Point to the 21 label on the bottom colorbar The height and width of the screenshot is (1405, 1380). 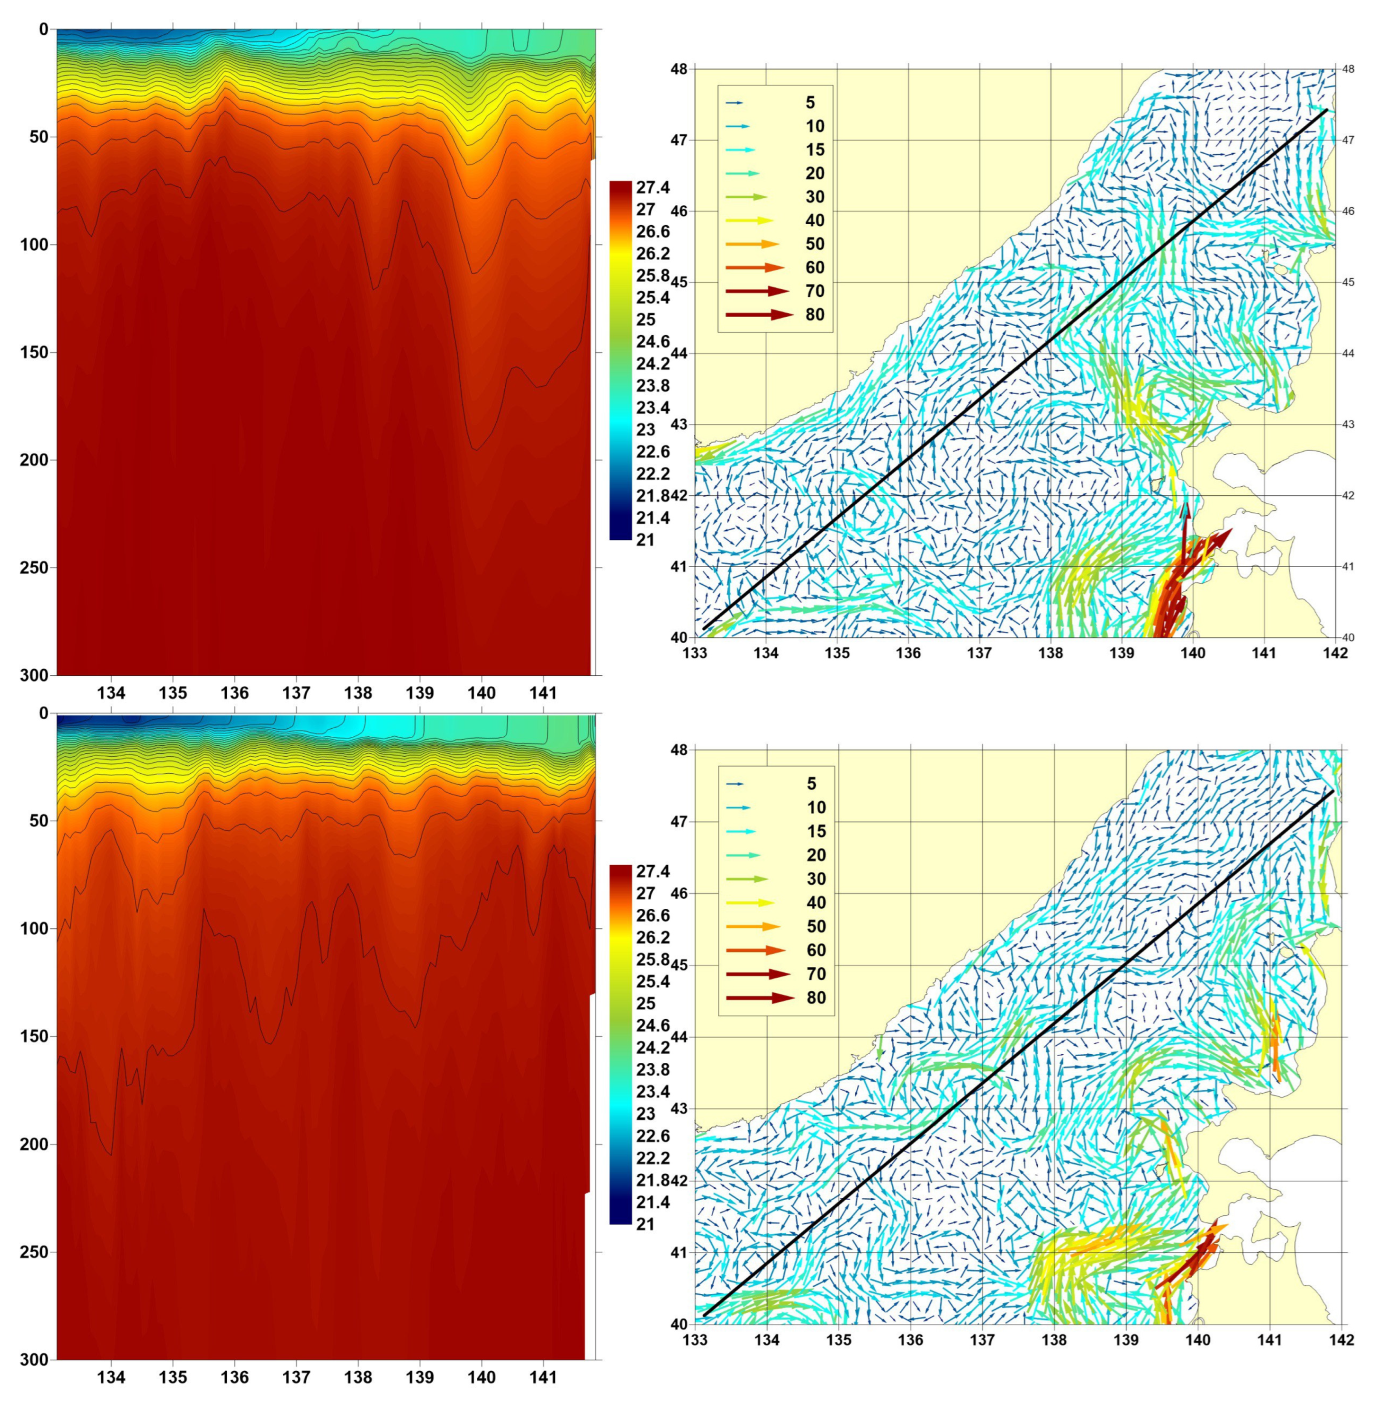tap(645, 1224)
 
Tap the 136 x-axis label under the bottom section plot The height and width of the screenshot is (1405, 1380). tap(234, 1377)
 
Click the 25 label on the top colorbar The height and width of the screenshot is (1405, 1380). tap(646, 319)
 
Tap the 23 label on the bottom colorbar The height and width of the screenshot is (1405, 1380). tap(646, 1113)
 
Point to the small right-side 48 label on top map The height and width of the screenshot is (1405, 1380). tap(1348, 69)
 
